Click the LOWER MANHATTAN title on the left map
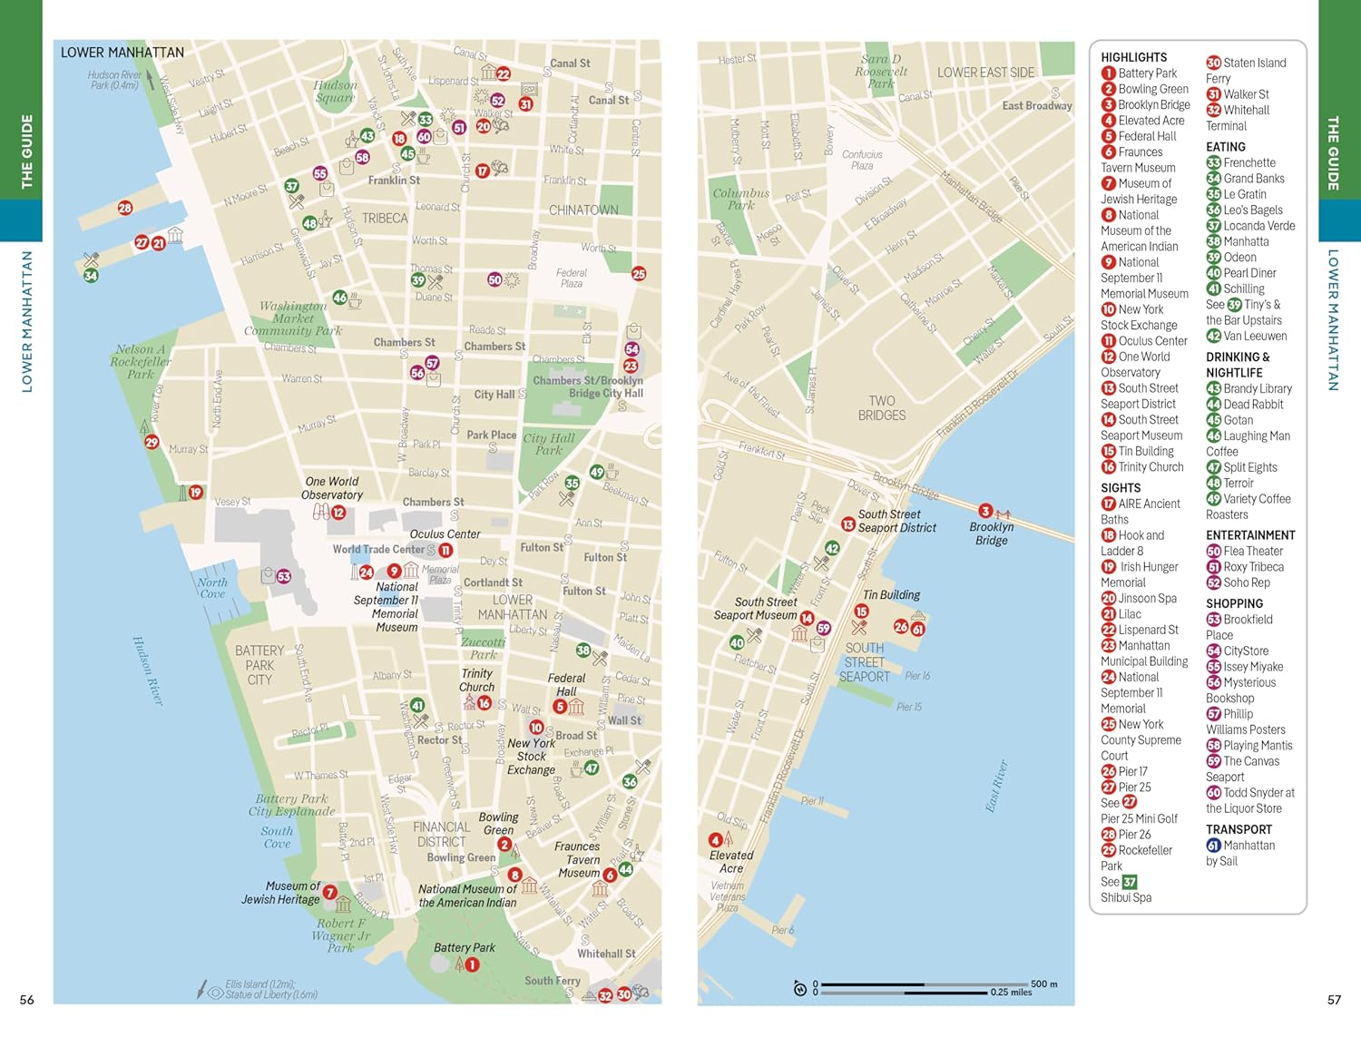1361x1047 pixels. tap(122, 53)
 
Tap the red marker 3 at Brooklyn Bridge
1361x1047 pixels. tap(985, 512)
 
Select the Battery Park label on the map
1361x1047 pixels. tap(464, 947)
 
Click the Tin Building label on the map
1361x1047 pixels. tap(891, 595)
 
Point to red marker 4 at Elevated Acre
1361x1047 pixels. tap(715, 840)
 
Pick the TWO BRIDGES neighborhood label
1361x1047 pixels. tap(881, 408)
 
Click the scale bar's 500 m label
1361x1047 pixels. tap(1043, 983)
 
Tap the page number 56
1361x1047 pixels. tap(27, 1000)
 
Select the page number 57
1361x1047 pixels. tap(1334, 1000)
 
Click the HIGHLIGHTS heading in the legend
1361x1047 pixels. tap(1133, 57)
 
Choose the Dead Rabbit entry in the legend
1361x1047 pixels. tap(1252, 405)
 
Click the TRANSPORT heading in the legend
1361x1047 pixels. tap(1239, 829)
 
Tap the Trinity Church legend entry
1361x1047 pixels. tap(1150, 467)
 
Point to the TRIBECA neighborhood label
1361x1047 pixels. tap(385, 219)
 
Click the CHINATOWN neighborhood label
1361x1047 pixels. tap(583, 210)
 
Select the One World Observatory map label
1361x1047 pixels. tap(332, 488)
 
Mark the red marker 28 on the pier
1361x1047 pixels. tap(125, 208)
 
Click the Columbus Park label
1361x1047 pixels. tap(740, 199)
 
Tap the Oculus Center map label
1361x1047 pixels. tap(445, 534)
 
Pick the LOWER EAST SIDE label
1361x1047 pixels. tap(985, 73)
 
